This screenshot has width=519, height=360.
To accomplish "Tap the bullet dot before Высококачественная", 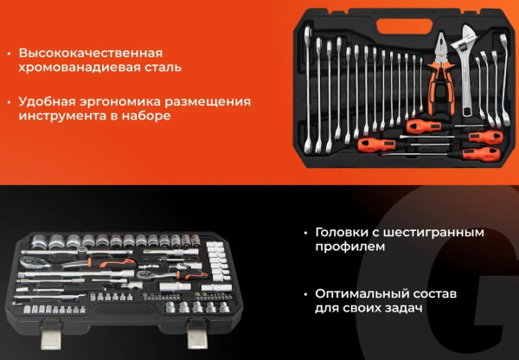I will point(8,52).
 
